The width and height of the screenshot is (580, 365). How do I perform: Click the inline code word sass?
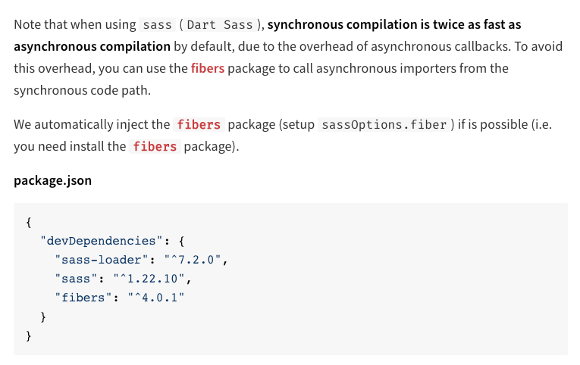(x=157, y=25)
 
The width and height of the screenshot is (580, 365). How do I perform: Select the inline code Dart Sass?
(x=220, y=25)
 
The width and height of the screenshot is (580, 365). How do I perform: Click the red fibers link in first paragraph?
(x=208, y=68)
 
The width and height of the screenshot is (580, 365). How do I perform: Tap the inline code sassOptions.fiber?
(x=384, y=124)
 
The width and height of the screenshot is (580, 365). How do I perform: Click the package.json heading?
(x=52, y=181)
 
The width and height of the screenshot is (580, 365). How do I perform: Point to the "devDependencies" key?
(x=102, y=241)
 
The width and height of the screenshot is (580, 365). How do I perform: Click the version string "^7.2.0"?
(x=193, y=260)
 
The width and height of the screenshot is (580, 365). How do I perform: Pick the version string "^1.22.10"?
(x=149, y=279)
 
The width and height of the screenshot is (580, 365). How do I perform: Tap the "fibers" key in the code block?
(x=83, y=298)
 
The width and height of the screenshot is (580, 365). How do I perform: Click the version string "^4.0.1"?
(x=156, y=298)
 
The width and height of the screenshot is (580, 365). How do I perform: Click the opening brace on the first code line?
(x=29, y=223)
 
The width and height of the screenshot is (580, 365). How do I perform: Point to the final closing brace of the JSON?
(x=29, y=335)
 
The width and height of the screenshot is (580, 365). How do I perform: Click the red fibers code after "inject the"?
(x=199, y=124)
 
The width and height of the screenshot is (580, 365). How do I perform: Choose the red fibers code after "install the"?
(x=155, y=147)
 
